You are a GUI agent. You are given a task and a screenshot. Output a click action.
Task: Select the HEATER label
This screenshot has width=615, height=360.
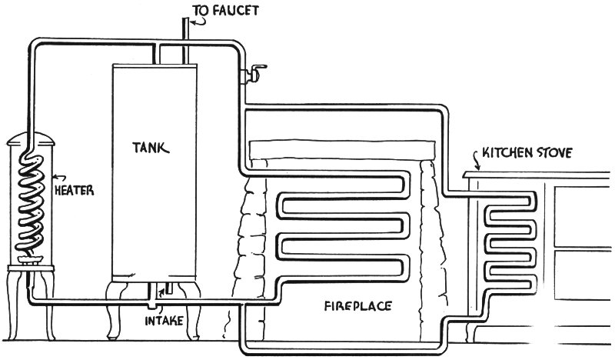pyautogui.click(x=75, y=186)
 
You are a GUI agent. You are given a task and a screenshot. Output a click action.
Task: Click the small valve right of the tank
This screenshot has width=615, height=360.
pyautogui.click(x=251, y=75)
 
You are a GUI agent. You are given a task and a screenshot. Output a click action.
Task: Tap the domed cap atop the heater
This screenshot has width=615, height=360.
pyautogui.click(x=32, y=141)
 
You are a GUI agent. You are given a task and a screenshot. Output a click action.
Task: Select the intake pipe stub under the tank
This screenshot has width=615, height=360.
pyautogui.click(x=162, y=291)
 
